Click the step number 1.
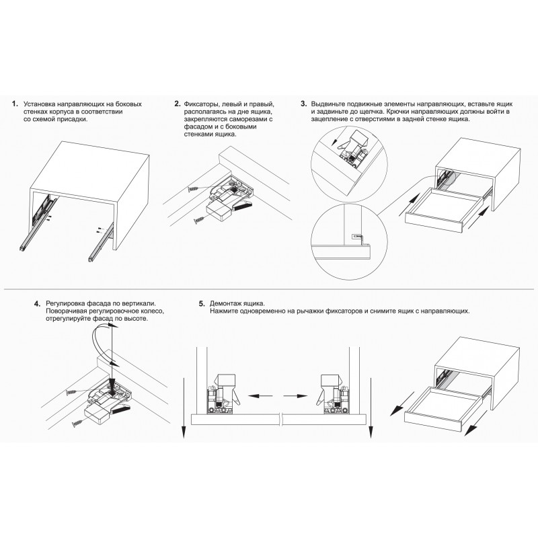coord(14,104)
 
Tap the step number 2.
coord(178,104)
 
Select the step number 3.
coord(304,104)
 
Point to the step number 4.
coord(38,304)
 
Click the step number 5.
coord(202,304)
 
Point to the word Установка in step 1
coord(39,104)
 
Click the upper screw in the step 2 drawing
coord(194,189)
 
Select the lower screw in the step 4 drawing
coord(78,424)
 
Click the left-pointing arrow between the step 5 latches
coord(260,396)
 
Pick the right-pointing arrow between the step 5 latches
coord(295,396)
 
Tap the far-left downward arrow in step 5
coord(184,408)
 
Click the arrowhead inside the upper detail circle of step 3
coord(334,143)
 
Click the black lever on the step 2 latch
coord(243,206)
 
